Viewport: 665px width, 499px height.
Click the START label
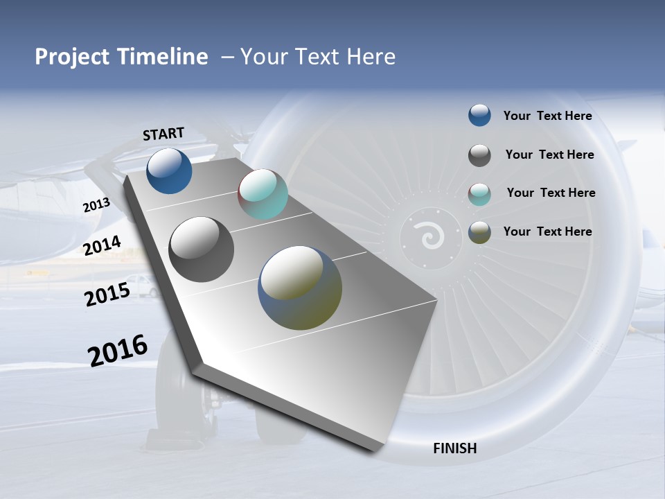[163, 134]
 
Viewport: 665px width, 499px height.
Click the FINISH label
[454, 448]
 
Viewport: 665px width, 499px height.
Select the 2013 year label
[96, 205]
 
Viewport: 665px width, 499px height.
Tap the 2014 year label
[102, 245]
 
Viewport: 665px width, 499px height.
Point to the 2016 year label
[118, 351]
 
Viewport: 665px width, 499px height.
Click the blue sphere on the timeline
[169, 171]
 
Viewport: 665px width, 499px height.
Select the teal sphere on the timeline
[263, 194]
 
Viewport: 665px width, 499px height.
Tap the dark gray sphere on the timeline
[202, 249]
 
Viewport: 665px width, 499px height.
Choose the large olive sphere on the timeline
[300, 288]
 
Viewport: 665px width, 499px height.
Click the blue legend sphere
[479, 115]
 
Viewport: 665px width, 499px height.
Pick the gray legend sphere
[479, 155]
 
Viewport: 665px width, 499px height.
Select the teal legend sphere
[479, 194]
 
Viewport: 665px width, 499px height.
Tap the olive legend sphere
[479, 232]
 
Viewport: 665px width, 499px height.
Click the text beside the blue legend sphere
[547, 116]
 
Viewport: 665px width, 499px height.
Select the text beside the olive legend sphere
[547, 231]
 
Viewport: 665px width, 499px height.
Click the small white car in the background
[143, 286]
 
